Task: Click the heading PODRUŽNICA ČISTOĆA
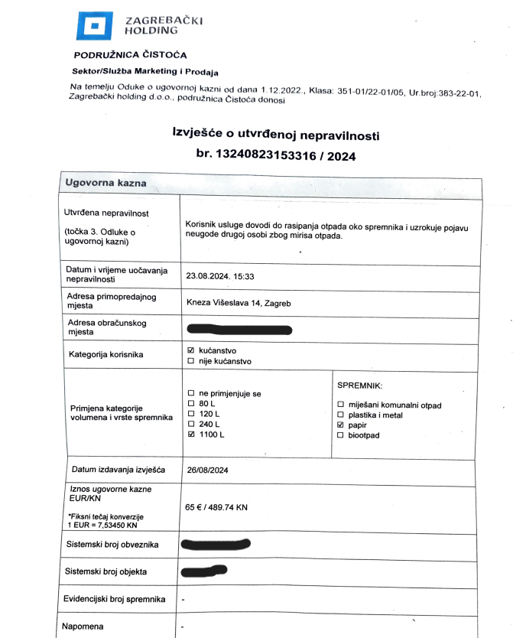130,55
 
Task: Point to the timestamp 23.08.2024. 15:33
220,276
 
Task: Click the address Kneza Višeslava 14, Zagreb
239,303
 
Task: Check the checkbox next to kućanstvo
191,350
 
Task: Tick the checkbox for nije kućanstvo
191,361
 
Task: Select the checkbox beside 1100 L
191,435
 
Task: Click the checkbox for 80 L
191,403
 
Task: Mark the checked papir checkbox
341,425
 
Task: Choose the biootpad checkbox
341,435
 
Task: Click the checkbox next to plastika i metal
341,415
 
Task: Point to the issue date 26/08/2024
208,470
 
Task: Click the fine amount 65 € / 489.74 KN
227,506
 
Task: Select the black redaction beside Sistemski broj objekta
206,571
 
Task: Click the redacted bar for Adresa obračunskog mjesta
239,330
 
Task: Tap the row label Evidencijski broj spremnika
113,599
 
